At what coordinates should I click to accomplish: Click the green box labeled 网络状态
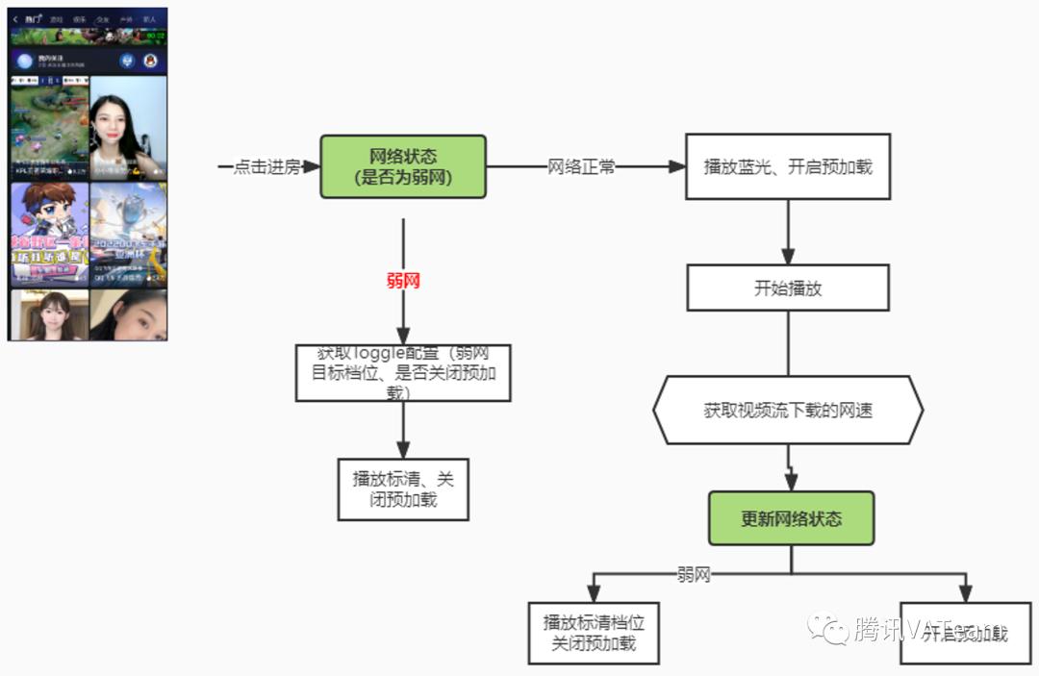pyautogui.click(x=403, y=167)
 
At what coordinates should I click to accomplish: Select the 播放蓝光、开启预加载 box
pyautogui.click(x=788, y=166)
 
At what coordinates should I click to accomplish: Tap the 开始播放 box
pyautogui.click(x=788, y=288)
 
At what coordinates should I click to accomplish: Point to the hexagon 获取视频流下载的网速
pyautogui.click(x=788, y=411)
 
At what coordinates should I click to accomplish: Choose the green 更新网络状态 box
pyautogui.click(x=791, y=519)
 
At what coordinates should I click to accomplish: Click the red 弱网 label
pyautogui.click(x=403, y=281)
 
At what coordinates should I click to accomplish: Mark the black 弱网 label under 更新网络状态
pyautogui.click(x=694, y=575)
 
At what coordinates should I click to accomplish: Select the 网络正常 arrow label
pyautogui.click(x=581, y=167)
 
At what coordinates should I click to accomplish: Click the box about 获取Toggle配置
pyautogui.click(x=403, y=373)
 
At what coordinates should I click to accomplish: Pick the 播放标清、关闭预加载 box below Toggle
pyautogui.click(x=403, y=488)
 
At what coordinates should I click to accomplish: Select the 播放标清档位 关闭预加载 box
pyautogui.click(x=594, y=633)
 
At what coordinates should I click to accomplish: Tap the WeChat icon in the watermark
pyautogui.click(x=827, y=630)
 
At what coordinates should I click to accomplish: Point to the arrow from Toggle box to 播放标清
pyautogui.click(x=403, y=429)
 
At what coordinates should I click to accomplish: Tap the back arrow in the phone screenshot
pyautogui.click(x=16, y=18)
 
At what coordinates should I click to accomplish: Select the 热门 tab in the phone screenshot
pyautogui.click(x=34, y=18)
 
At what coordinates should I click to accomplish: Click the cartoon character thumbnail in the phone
pyautogui.click(x=48, y=234)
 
